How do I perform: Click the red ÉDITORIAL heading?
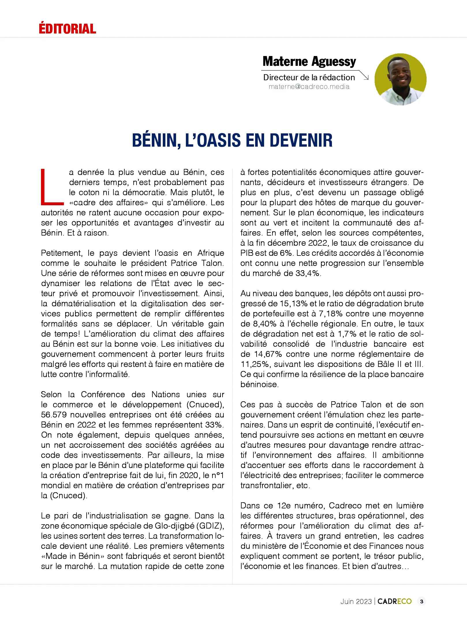click(x=67, y=29)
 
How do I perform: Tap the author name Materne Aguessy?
click(x=309, y=61)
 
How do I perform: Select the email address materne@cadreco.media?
click(x=309, y=87)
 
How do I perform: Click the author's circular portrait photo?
click(x=400, y=79)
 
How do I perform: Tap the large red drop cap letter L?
click(x=51, y=187)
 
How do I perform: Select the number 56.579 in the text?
click(x=54, y=415)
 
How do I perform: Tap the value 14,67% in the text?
click(x=268, y=354)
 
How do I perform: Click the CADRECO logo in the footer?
click(x=394, y=601)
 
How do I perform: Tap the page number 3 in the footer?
click(x=422, y=601)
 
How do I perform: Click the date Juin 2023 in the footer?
click(x=356, y=602)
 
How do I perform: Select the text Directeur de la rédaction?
click(x=309, y=77)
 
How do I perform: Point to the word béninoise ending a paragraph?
click(x=259, y=385)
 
